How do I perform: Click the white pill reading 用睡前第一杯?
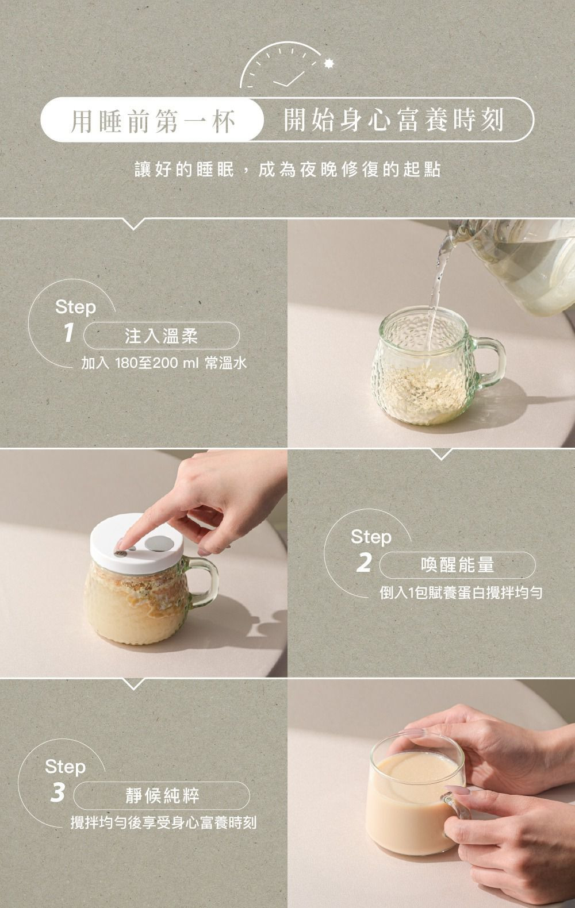point(152,121)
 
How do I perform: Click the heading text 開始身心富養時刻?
point(394,121)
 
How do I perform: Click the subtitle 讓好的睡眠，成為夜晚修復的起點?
point(287,170)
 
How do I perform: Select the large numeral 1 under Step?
point(69,333)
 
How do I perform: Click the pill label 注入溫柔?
point(162,336)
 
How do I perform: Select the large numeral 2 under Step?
point(363,563)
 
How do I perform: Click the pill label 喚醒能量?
point(457,565)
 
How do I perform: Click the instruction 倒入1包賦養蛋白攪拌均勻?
point(460,592)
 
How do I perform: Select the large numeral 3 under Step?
point(57,792)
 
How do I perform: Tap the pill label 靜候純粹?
point(162,796)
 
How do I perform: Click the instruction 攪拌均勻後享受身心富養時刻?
point(163,823)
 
